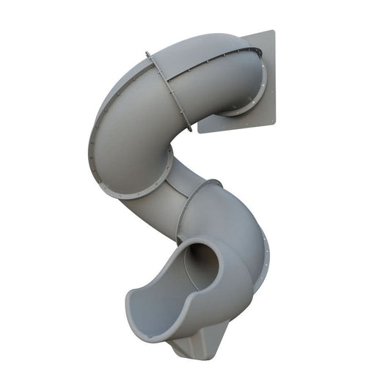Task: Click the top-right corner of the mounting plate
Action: (x=273, y=31)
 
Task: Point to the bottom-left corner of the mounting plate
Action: (x=200, y=133)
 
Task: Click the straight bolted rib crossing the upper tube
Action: (x=168, y=92)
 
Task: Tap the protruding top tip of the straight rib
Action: (x=147, y=53)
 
